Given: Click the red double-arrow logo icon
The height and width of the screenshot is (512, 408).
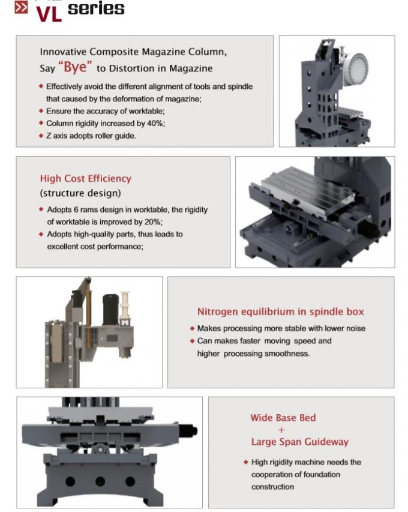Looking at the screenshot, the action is coord(21,8).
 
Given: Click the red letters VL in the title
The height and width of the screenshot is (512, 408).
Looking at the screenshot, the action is coord(49,14).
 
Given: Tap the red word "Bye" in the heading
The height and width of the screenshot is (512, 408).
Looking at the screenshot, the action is coord(75,67).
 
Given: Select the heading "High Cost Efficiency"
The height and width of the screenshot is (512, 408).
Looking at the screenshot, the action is coord(86,178).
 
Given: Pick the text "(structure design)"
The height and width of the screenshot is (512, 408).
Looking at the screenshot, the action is coord(80,193).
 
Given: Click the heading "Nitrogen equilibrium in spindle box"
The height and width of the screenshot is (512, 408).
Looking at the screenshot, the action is coord(281,312).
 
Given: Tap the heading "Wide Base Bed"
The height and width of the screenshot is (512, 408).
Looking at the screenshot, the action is coord(283,418).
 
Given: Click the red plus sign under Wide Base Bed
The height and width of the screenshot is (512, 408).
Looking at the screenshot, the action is coord(281,430).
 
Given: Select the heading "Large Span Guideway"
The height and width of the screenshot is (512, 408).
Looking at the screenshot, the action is coord(299,442).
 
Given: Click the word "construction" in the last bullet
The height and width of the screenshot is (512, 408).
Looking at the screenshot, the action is coord(272,487).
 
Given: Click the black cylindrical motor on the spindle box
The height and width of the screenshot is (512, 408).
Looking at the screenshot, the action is coord(110,309).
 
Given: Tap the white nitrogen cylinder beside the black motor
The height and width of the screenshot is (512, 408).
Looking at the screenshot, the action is coord(125,307).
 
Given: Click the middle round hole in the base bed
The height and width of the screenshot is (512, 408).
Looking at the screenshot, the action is coord(100,481).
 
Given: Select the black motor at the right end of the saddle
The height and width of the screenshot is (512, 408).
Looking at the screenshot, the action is coord(188,430).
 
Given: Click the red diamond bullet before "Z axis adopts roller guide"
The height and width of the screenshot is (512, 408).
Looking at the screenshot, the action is coord(41,136).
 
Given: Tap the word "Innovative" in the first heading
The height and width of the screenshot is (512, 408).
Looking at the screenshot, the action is coord(63,52).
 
